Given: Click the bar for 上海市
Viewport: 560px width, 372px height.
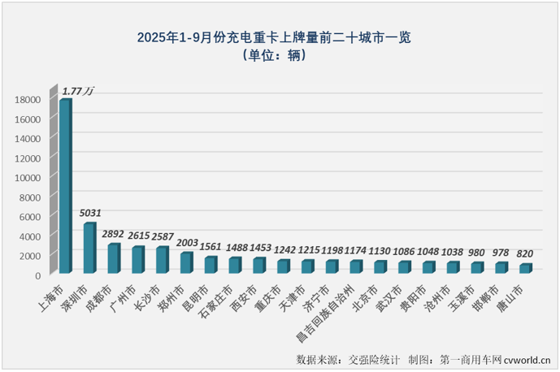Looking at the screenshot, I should tap(65, 187).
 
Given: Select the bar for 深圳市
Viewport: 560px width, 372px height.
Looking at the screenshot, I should tap(89, 249).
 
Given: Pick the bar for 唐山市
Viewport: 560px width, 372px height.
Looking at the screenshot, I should tap(525, 269).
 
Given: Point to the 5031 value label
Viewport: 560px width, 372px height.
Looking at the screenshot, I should tap(91, 214).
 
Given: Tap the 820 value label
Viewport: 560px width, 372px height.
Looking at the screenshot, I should tap(526, 255).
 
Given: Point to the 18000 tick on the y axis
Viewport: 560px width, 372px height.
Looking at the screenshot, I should tap(29, 100).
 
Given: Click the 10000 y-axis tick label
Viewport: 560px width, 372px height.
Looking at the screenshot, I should tap(29, 178).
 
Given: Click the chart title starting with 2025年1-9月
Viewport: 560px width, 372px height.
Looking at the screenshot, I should tap(280, 37).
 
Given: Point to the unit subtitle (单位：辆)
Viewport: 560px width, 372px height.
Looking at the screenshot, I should tap(280, 56).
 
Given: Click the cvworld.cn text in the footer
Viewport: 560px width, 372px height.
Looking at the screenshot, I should tap(527, 358).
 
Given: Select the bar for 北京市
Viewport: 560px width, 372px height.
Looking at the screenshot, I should tap(380, 266).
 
